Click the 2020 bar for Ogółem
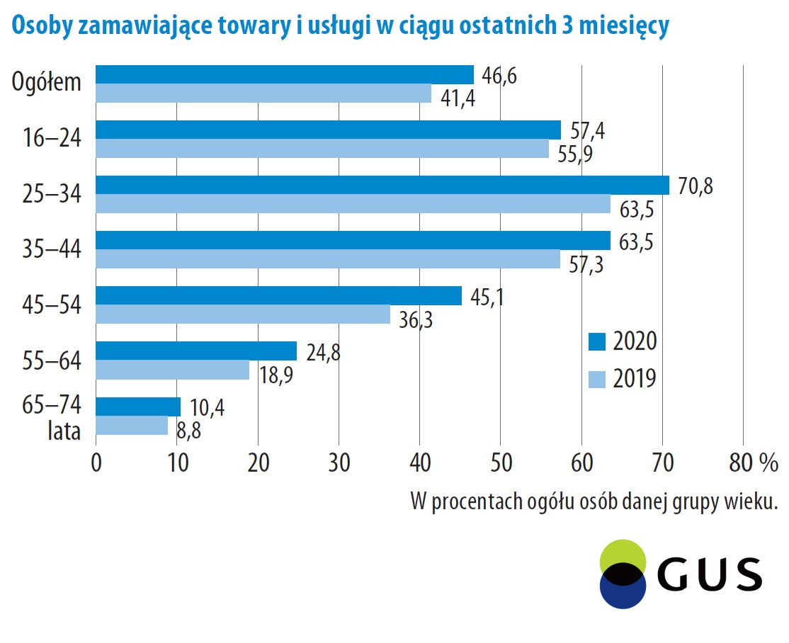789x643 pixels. [284, 74]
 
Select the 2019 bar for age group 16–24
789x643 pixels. [322, 149]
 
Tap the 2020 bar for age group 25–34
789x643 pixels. [382, 185]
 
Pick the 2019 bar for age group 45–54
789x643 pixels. [242, 314]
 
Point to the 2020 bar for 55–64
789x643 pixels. [195, 351]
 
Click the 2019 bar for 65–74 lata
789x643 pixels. [131, 425]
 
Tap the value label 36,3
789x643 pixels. [414, 320]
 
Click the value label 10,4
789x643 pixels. [207, 409]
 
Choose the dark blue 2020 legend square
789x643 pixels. [597, 342]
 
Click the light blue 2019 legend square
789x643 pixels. [597, 380]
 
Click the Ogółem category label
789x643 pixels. [47, 83]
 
